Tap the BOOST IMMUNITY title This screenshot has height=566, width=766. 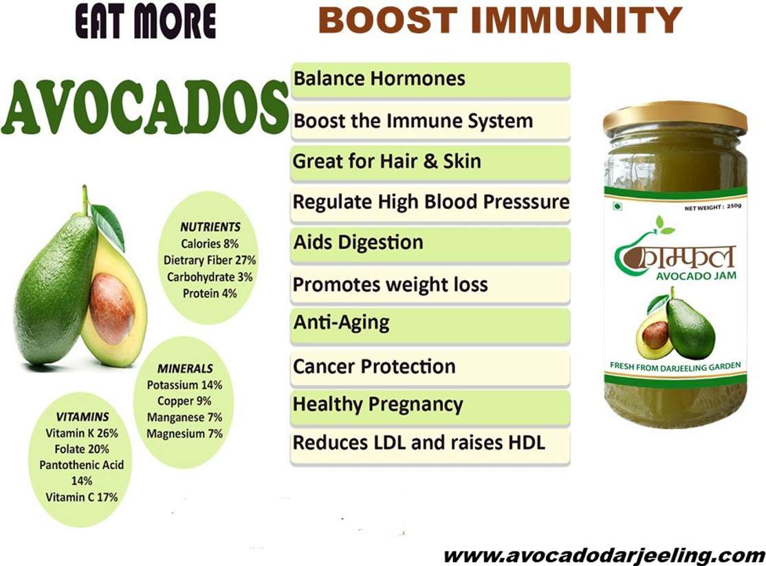pos(500,21)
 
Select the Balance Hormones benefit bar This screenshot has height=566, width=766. pos(430,80)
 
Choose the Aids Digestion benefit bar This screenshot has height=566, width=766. pos(430,244)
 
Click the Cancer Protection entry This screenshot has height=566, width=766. pos(430,367)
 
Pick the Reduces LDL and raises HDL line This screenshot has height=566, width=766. pos(430,444)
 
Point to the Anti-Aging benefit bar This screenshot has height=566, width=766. pos(430,325)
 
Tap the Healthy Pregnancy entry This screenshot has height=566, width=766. pos(430,406)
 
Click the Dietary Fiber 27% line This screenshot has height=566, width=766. pos(210,261)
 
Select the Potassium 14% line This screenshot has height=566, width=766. pos(185,385)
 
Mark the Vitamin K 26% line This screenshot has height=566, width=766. pos(82,433)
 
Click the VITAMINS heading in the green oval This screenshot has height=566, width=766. pos(82,417)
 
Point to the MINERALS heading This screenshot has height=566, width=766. pos(185,369)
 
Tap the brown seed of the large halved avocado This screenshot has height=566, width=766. pos(112,308)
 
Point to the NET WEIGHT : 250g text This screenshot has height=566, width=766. pos(713,208)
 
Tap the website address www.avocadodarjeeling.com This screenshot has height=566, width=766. pos(604,556)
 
